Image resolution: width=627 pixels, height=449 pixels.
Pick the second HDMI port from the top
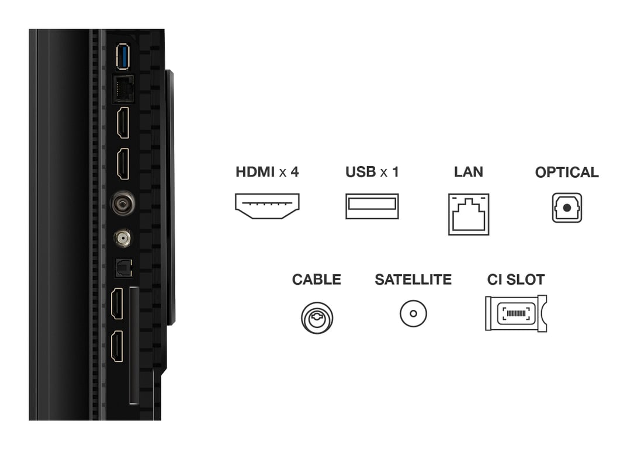click(123, 164)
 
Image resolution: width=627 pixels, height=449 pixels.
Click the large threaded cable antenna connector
click(123, 203)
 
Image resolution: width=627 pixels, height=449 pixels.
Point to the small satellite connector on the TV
click(122, 238)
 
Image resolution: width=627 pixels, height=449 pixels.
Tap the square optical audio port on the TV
click(123, 268)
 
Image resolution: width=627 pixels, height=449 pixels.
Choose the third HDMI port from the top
click(117, 303)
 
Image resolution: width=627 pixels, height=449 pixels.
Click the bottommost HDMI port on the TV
click(117, 346)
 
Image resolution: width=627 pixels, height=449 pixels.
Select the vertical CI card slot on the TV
click(134, 345)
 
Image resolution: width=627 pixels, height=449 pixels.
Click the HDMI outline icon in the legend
click(267, 206)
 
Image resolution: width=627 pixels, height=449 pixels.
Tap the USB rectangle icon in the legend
click(372, 206)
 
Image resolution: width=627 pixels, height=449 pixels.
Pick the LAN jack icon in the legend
click(469, 215)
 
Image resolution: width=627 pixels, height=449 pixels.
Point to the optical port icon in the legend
click(567, 208)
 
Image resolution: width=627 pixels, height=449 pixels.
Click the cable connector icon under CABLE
click(317, 317)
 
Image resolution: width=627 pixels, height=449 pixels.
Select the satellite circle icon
click(413, 313)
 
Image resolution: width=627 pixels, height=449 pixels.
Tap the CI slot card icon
click(515, 313)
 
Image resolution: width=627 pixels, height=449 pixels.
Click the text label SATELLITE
click(413, 279)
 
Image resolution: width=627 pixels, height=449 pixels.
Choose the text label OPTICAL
click(567, 172)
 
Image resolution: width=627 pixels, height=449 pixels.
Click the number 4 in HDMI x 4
click(295, 172)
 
